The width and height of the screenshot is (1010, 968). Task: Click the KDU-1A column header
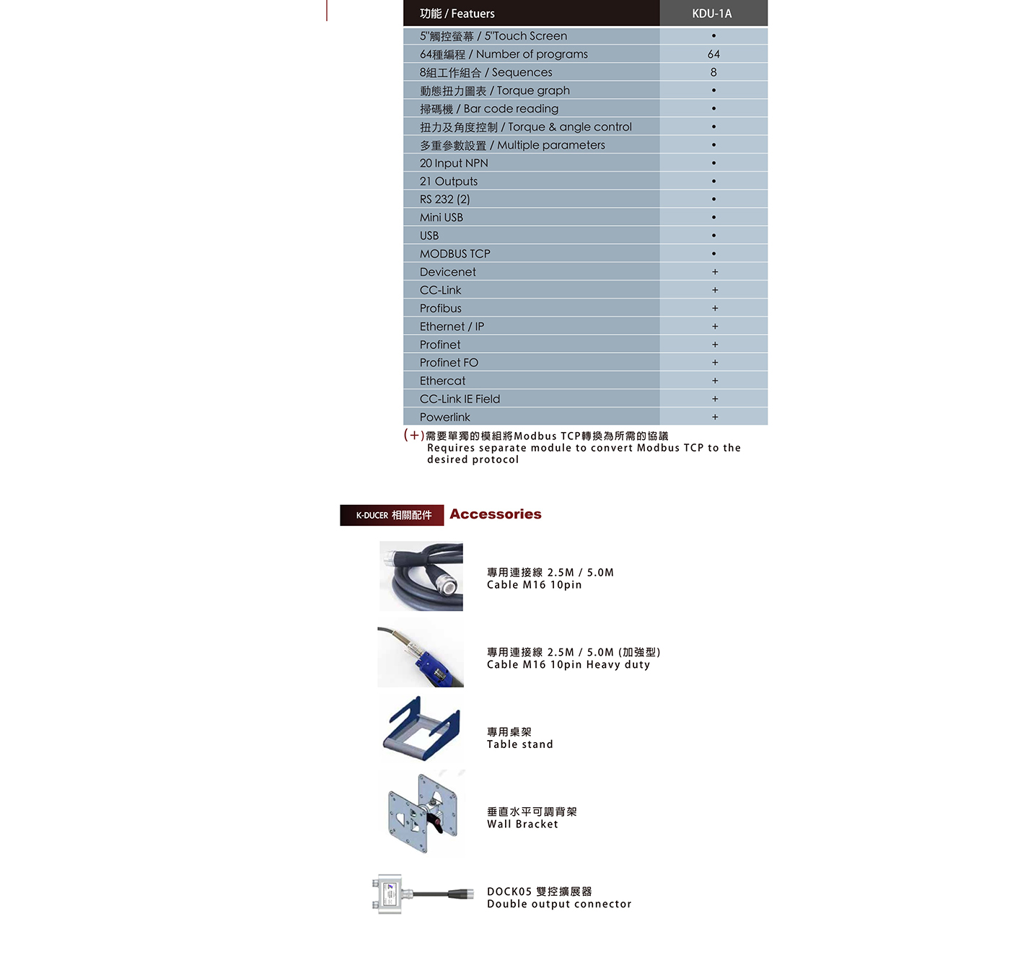[x=712, y=14]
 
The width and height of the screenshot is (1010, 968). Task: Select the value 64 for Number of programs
[x=713, y=54]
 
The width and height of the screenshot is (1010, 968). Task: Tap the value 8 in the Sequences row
[x=713, y=72]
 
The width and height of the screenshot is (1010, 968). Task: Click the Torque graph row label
[x=495, y=91]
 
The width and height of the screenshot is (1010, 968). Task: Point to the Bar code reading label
[x=489, y=109]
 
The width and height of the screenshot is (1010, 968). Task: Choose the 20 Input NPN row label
[x=454, y=163]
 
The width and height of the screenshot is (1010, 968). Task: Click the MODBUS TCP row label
[x=454, y=254]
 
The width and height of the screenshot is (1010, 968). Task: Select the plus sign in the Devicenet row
[x=715, y=272]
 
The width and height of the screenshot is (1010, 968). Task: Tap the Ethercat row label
[x=442, y=381]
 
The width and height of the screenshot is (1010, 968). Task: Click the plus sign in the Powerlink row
[x=715, y=417]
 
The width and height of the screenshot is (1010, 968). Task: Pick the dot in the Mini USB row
[x=713, y=217]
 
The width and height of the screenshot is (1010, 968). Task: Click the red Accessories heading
[x=495, y=514]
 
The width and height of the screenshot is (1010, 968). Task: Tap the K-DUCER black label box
[x=392, y=515]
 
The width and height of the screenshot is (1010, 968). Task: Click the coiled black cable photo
[x=421, y=576]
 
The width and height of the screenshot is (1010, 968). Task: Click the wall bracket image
[x=423, y=812]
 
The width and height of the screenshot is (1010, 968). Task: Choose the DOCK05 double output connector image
[x=421, y=894]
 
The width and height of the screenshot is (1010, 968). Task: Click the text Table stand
[x=519, y=744]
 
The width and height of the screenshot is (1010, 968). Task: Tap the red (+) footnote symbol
[x=413, y=435]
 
